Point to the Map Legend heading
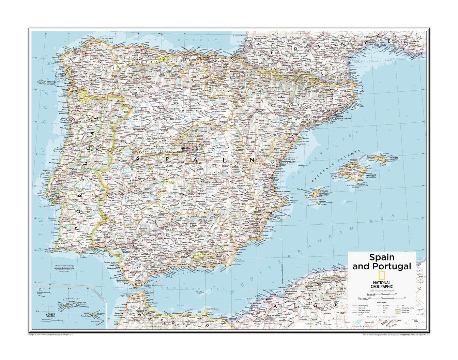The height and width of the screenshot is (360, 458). [x=382, y=302]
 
